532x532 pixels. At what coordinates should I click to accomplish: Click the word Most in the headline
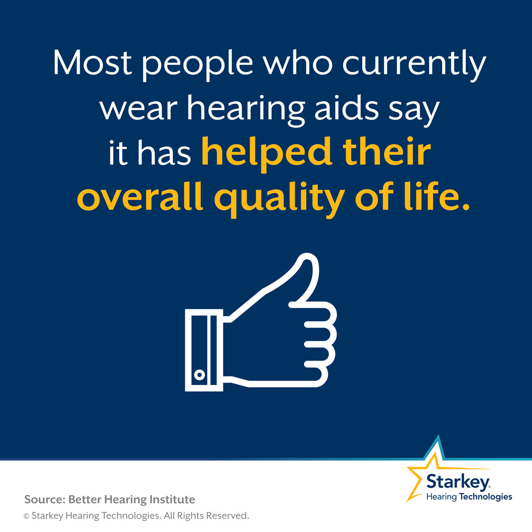click(x=93, y=63)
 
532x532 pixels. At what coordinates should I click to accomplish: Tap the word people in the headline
click(x=197, y=65)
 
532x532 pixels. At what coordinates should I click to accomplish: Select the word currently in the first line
click(x=414, y=65)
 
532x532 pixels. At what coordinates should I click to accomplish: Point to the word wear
click(x=138, y=110)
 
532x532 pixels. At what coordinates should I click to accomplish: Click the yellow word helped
click(x=267, y=155)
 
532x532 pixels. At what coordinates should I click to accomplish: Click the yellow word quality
click(x=279, y=199)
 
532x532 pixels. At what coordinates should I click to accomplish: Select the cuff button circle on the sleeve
click(x=199, y=375)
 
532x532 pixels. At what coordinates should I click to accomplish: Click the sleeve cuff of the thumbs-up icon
click(x=204, y=350)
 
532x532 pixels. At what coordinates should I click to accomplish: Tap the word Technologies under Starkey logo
click(x=485, y=497)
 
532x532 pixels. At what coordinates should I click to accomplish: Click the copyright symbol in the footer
click(x=27, y=516)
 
